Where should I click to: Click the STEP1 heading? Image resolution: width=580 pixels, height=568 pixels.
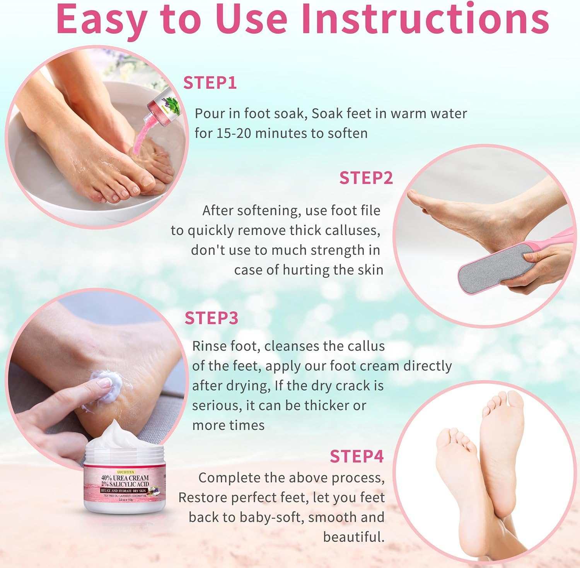(x=210, y=83)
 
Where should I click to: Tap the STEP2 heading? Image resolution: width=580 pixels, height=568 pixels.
(x=366, y=178)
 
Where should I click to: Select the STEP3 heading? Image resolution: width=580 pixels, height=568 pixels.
(x=211, y=318)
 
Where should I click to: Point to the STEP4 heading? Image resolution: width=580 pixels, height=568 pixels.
(x=357, y=457)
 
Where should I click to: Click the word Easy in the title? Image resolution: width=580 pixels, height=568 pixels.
(x=102, y=19)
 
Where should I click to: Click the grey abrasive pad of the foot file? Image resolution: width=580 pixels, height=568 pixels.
(x=491, y=267)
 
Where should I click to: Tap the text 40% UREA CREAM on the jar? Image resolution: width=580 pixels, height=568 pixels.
(x=125, y=478)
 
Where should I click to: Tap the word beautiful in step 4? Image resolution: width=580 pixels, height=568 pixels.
(x=353, y=537)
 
